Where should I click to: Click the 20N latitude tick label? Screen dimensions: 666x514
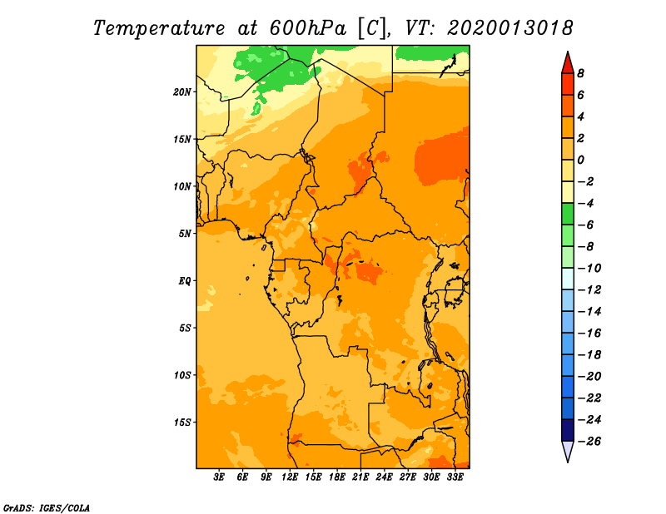point(182,92)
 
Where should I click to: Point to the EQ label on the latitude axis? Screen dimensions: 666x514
point(185,281)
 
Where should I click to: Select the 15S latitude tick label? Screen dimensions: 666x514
point(182,423)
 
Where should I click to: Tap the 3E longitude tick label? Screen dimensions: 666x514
point(219,477)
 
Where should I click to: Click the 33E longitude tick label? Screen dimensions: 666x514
point(455,477)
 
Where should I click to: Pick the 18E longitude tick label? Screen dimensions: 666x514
point(337,477)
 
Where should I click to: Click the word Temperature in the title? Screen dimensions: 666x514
point(159,29)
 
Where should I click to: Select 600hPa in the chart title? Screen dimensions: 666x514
point(308,28)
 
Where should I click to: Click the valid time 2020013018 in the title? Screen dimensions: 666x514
point(510,28)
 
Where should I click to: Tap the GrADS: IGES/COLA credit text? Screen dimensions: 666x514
point(47,507)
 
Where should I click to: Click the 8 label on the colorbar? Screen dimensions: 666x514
point(580,73)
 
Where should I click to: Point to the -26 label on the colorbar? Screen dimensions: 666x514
point(589,442)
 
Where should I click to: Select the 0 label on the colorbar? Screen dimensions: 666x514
point(580,160)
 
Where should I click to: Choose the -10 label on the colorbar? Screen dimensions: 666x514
point(589,269)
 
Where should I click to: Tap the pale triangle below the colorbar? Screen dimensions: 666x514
point(568,450)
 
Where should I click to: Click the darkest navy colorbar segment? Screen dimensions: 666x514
point(568,430)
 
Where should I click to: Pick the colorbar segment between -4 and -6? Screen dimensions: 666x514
point(568,214)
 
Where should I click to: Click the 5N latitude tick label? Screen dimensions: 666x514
point(185,234)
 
